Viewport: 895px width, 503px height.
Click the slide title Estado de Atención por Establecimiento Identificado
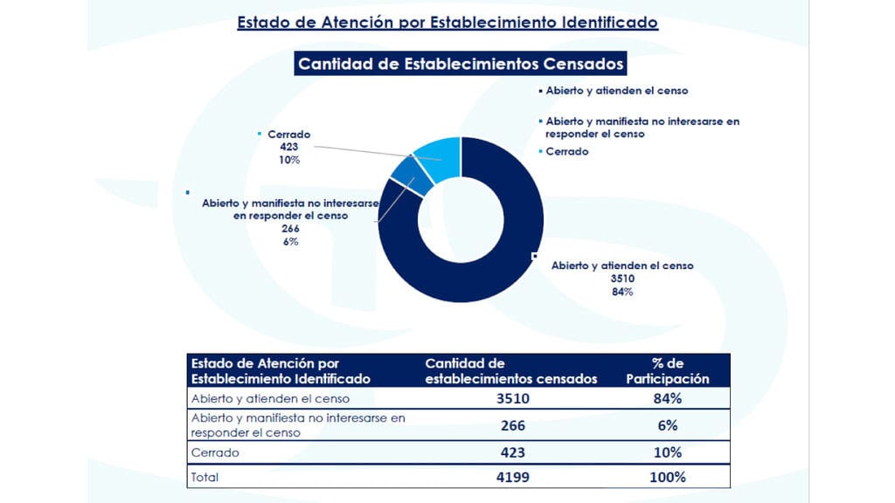coord(447,23)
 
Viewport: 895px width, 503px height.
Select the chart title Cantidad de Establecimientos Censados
coord(461,64)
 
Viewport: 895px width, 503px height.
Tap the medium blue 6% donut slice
coord(410,176)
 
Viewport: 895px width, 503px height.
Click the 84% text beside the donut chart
coord(622,292)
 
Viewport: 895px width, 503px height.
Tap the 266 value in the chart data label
coord(290,229)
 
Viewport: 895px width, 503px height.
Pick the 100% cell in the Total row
coord(667,478)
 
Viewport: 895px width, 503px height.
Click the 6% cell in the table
coord(667,425)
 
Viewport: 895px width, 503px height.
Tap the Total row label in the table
coord(205,478)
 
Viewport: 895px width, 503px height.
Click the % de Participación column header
coord(667,370)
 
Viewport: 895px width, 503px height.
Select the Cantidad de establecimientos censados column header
coord(510,370)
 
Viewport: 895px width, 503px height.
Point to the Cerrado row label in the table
coord(215,453)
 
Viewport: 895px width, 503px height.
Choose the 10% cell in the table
coord(667,453)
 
